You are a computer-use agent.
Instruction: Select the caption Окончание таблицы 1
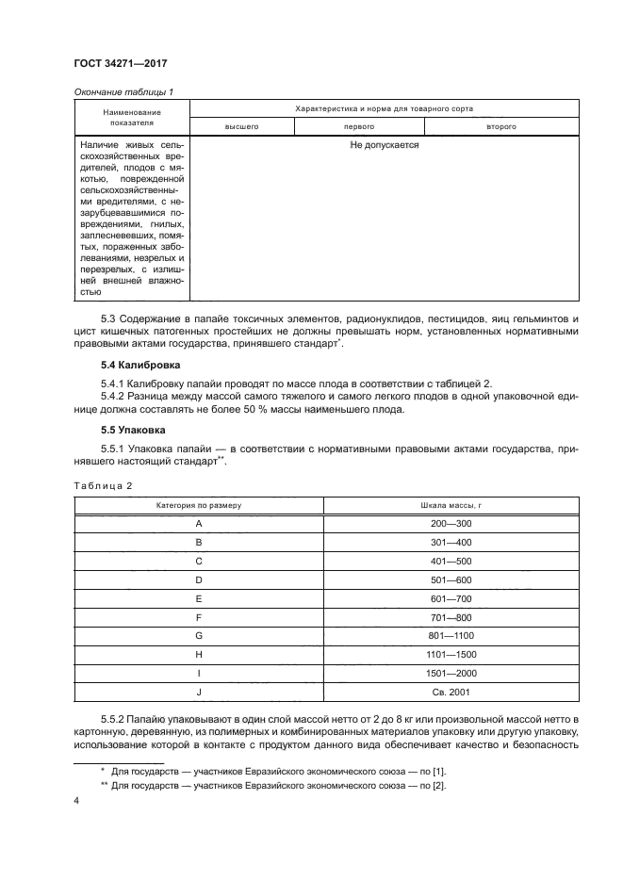(x=125, y=92)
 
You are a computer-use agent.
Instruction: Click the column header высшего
(x=241, y=125)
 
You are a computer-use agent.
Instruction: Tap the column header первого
(x=361, y=125)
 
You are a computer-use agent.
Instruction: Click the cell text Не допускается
(x=384, y=147)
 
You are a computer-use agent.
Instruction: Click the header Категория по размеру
(x=199, y=505)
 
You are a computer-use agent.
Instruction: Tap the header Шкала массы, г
(x=451, y=505)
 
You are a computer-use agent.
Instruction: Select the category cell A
(x=199, y=523)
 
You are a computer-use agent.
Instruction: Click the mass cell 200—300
(x=451, y=523)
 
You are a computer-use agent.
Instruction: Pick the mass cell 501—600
(x=451, y=579)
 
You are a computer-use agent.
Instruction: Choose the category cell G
(x=199, y=636)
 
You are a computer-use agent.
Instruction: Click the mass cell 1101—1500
(x=451, y=655)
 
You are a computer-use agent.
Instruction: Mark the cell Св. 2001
(x=451, y=693)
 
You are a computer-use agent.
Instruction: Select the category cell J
(x=199, y=693)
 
